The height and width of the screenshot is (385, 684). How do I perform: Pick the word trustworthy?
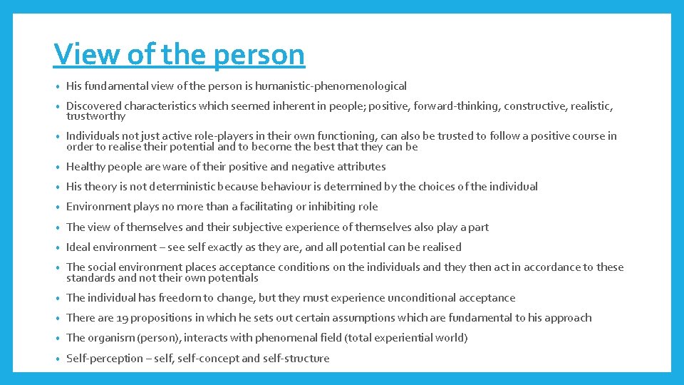click(x=95, y=116)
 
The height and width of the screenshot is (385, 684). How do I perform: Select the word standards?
click(x=88, y=278)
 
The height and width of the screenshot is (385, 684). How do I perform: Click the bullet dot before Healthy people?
click(x=57, y=168)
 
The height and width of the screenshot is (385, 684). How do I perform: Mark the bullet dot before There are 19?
click(x=57, y=319)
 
